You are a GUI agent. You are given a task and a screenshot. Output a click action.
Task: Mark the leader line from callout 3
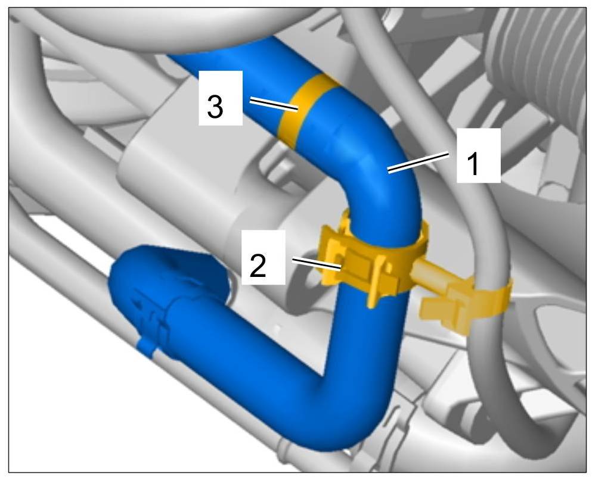(273, 105)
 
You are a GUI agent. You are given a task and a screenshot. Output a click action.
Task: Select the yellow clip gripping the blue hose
(370, 262)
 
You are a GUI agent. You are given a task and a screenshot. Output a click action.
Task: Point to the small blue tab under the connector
(145, 347)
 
